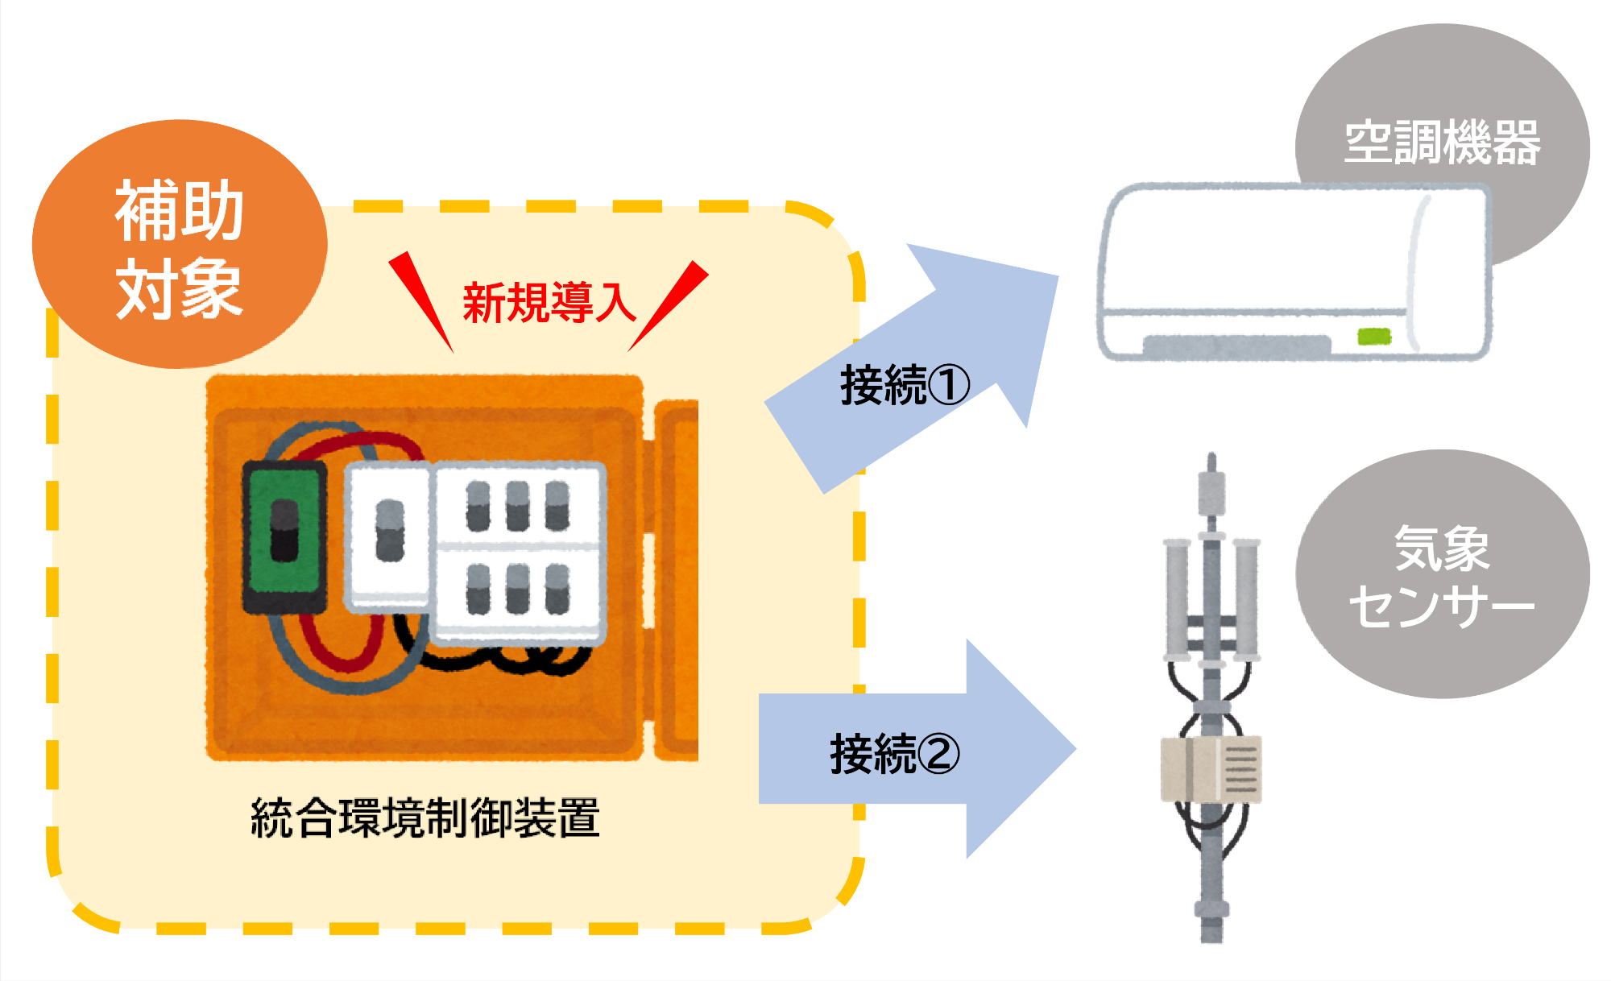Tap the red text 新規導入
tap(549, 303)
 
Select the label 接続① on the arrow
tap(904, 385)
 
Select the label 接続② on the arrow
tap(894, 755)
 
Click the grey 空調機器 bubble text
tap(1442, 143)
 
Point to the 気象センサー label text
tap(1442, 577)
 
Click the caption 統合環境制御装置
tap(425, 818)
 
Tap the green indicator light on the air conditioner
tap(1374, 336)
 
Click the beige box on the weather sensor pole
tap(1211, 769)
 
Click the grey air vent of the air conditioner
tap(1236, 347)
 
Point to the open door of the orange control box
tap(677, 580)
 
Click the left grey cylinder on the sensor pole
tap(1177, 596)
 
